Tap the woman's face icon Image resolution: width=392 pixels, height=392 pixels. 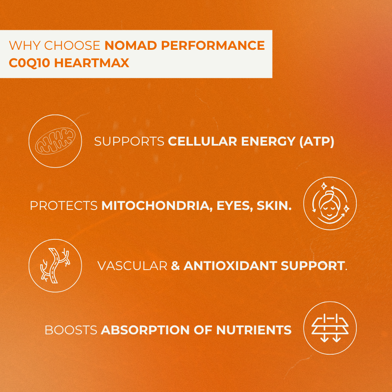(330, 204)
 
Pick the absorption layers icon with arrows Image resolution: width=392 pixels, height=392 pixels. (330, 328)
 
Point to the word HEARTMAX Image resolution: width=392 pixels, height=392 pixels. (92, 63)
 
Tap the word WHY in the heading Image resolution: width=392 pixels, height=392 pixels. (24, 45)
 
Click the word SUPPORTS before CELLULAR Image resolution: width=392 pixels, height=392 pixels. (129, 141)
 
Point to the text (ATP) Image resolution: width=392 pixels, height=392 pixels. (317, 141)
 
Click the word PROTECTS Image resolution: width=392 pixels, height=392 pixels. (63, 205)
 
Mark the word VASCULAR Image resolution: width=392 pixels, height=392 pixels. (132, 265)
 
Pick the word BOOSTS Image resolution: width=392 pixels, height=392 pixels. (71, 330)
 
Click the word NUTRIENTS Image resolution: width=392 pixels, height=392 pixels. (254, 330)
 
